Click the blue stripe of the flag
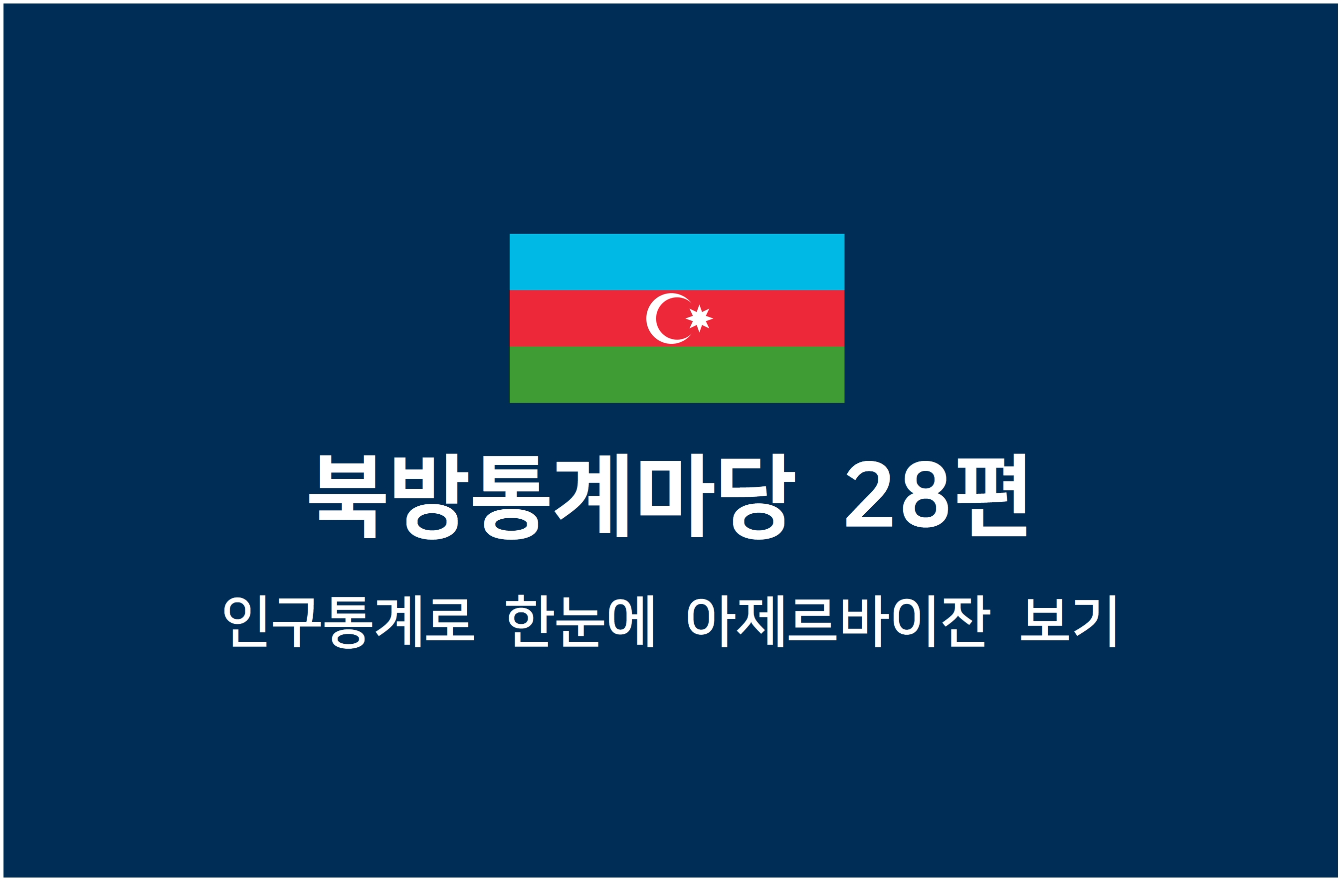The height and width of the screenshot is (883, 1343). [x=677, y=262]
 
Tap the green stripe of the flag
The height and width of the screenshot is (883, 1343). [x=677, y=374]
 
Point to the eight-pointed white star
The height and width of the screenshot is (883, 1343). [x=699, y=318]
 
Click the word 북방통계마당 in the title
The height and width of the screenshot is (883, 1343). [x=552, y=496]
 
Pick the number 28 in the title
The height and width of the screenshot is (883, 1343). [x=897, y=494]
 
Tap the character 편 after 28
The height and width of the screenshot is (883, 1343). [x=991, y=495]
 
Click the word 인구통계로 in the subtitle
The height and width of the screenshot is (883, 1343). [x=349, y=621]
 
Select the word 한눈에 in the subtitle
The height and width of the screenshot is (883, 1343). [x=580, y=621]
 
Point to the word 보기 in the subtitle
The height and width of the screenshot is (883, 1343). [x=1068, y=621]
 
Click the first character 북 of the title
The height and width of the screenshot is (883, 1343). [x=348, y=497]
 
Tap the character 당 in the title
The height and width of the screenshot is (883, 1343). [x=758, y=497]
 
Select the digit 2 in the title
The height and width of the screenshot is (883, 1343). [x=869, y=494]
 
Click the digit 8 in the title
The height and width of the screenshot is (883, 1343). [x=926, y=494]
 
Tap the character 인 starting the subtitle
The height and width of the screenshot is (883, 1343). [x=245, y=621]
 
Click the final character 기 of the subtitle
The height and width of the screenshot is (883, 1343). [x=1095, y=621]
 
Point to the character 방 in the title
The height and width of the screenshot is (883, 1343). [x=431, y=497]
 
